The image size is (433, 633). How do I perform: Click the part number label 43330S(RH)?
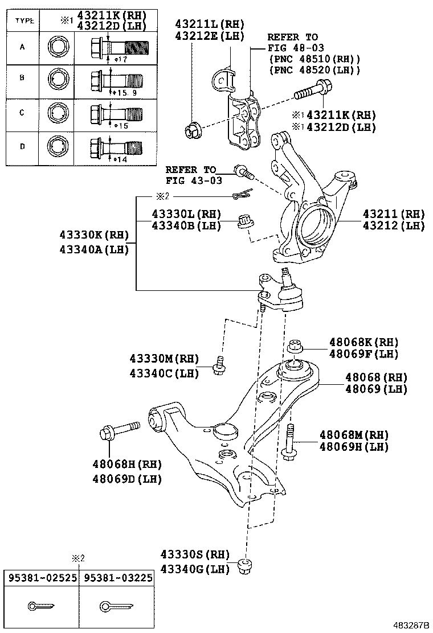click(195, 554)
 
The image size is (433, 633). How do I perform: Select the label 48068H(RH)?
click(127, 464)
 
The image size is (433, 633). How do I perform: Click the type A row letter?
click(22, 47)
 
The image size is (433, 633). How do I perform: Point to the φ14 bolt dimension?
click(120, 159)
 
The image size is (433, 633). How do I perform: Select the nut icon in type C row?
click(59, 112)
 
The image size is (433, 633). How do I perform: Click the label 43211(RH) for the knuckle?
click(394, 214)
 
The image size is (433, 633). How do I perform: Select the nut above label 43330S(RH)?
click(247, 566)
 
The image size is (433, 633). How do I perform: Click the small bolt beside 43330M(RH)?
click(219, 365)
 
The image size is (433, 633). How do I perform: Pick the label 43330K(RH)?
click(93, 235)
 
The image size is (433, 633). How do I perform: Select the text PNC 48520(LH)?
click(314, 70)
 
